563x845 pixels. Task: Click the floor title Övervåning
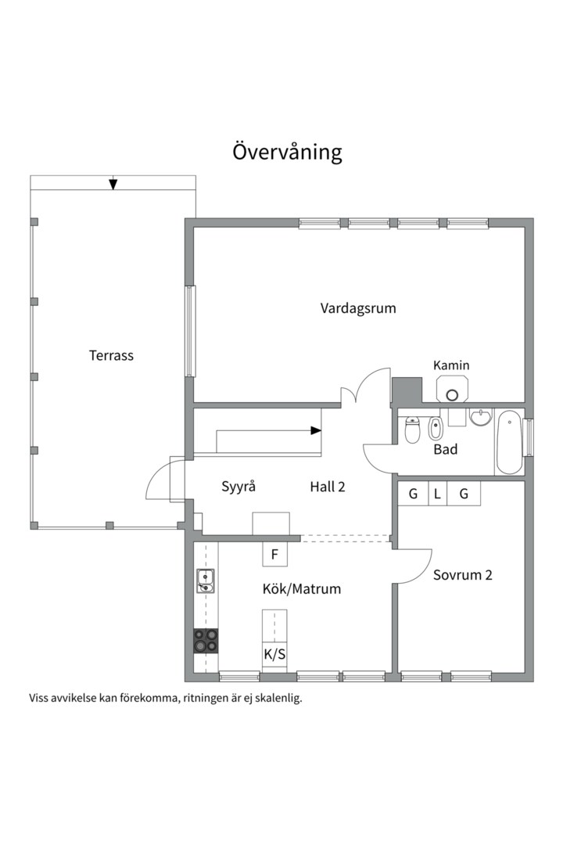tap(287, 151)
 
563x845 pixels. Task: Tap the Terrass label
tap(111, 355)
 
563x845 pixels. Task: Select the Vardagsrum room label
tap(358, 308)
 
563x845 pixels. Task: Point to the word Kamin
tap(451, 365)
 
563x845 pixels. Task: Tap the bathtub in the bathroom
tap(508, 442)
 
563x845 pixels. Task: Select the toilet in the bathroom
tap(413, 430)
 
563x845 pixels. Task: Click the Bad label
tap(446, 450)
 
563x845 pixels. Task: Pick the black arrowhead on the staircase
tap(316, 430)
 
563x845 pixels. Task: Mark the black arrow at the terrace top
tap(113, 184)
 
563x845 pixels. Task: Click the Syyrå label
tap(238, 486)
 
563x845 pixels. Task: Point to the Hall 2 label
tap(328, 486)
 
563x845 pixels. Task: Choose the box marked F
tap(274, 555)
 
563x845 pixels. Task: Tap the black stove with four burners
tap(206, 641)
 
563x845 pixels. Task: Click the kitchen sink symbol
tap(206, 581)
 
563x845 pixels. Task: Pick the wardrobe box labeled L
tap(437, 494)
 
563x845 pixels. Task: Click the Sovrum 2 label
tap(463, 575)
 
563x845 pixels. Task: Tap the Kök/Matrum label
tap(302, 589)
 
